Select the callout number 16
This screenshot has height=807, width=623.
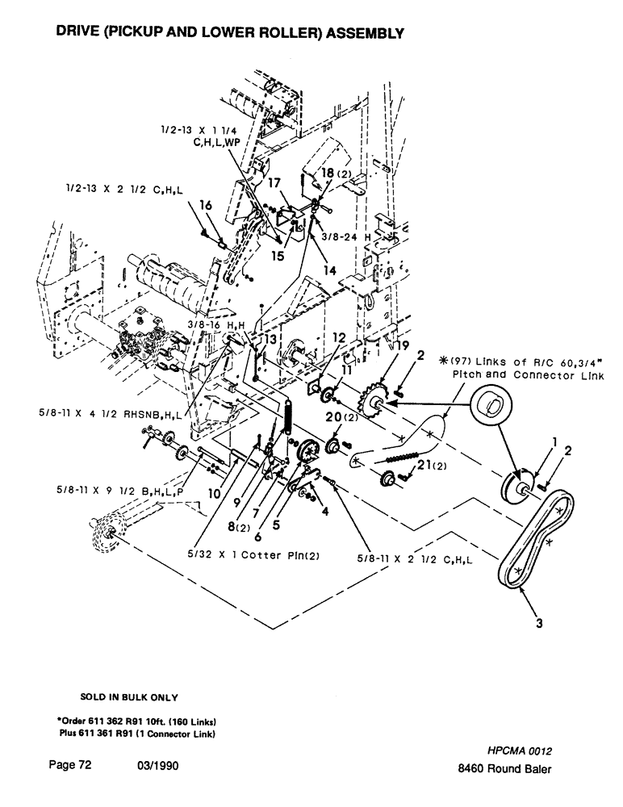coord(205,207)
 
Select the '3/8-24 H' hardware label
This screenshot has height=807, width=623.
coord(336,237)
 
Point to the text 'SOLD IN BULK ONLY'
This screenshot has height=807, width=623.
coord(129,696)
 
